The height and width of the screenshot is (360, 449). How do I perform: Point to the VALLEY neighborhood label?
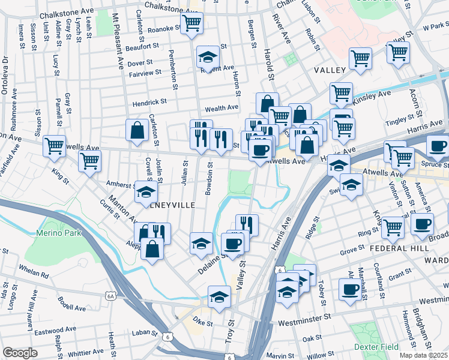pos(330,70)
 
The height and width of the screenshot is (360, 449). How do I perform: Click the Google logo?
pos(20,353)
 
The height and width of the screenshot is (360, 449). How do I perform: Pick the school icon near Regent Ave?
pos(208,58)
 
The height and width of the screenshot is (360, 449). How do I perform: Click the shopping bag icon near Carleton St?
pos(137,130)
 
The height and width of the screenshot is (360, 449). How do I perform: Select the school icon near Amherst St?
pos(146,192)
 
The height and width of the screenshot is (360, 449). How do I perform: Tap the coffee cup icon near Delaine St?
pos(233,244)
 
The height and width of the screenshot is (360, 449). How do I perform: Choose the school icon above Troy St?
pos(220,296)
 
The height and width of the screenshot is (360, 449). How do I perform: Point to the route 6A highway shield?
pos(110,296)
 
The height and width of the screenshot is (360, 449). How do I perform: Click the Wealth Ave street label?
pos(221,108)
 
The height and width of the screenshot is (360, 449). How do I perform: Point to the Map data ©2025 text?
pos(423,355)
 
